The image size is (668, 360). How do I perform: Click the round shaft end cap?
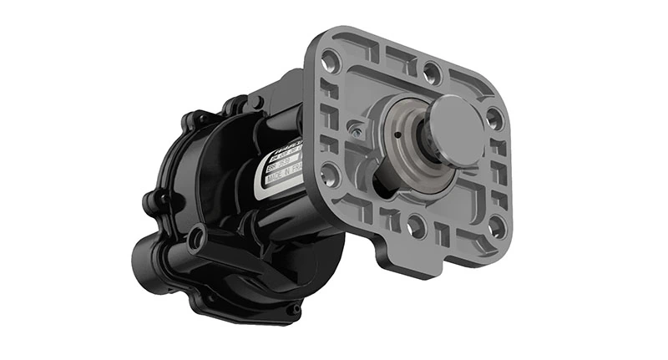(454, 128)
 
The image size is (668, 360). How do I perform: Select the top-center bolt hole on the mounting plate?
(431, 70)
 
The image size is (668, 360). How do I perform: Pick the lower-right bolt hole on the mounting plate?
(497, 226)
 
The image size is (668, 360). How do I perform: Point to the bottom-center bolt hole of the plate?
(416, 223)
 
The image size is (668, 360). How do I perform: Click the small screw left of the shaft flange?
(357, 132)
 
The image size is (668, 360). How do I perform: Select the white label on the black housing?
(280, 164)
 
